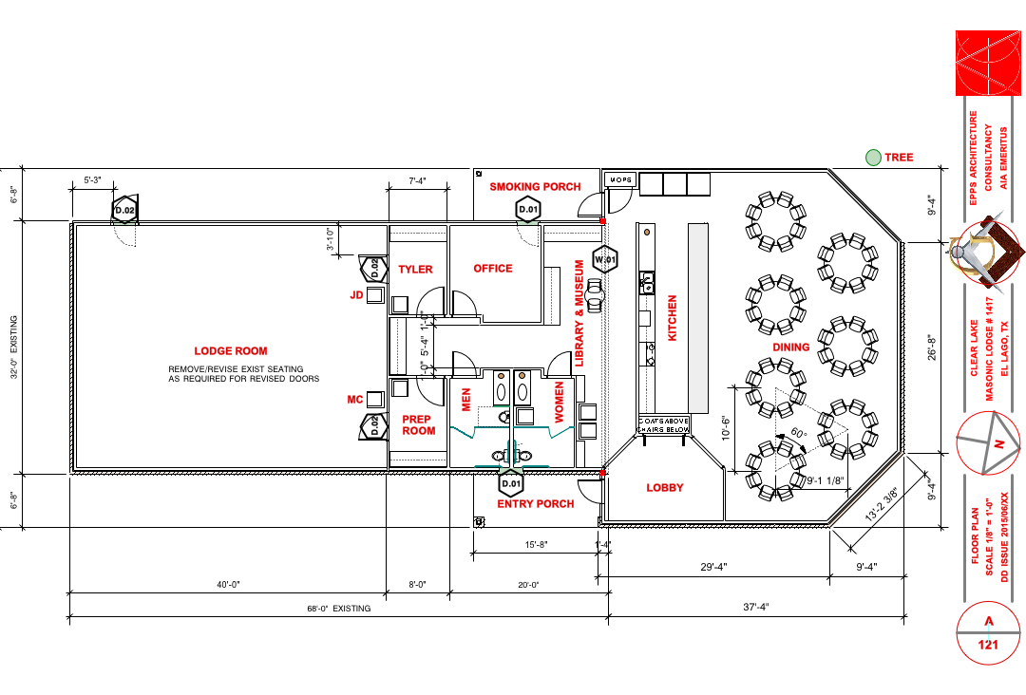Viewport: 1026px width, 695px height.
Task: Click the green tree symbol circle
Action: pyautogui.click(x=872, y=158)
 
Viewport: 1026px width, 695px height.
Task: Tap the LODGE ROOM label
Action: pyautogui.click(x=231, y=350)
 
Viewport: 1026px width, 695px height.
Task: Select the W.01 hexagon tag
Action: pyautogui.click(x=605, y=258)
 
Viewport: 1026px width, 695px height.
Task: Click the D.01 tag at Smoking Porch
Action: pyautogui.click(x=528, y=209)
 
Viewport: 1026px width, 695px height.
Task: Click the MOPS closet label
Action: pyautogui.click(x=620, y=179)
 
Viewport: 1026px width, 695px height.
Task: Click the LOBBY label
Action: pyautogui.click(x=665, y=488)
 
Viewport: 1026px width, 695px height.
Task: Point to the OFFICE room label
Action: pyautogui.click(x=493, y=269)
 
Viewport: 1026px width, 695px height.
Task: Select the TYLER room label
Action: pyautogui.click(x=415, y=270)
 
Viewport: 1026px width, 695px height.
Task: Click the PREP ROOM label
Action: pyautogui.click(x=418, y=424)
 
